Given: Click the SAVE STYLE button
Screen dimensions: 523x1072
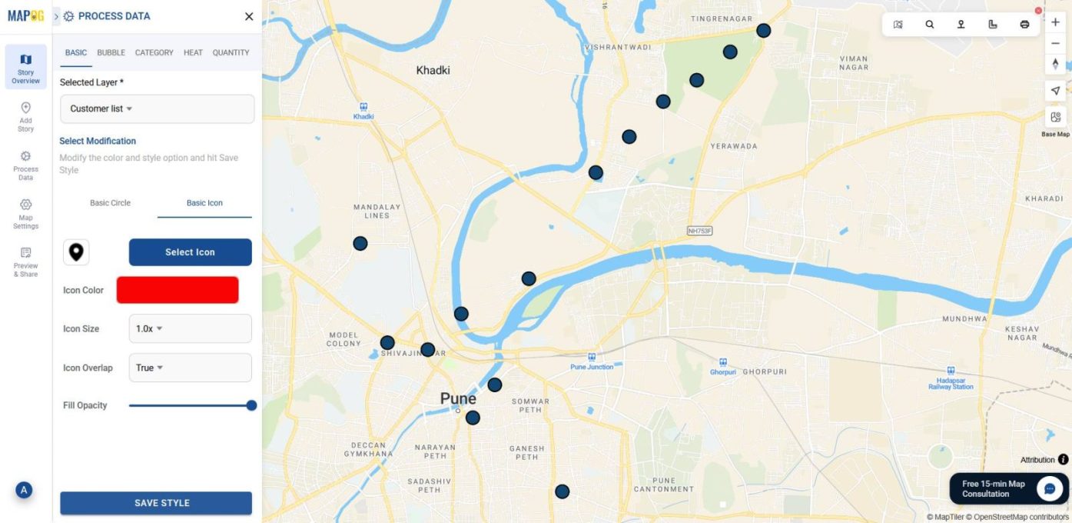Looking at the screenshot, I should [x=156, y=503].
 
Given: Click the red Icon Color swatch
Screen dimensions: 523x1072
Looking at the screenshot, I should [x=178, y=290].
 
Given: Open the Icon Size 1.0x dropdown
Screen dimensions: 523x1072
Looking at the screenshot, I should [x=189, y=328].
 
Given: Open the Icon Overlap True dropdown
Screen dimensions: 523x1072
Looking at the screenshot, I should [x=189, y=368].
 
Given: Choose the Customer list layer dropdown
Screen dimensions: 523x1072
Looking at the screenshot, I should [x=157, y=109].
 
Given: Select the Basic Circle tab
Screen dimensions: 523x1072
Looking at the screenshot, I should [x=110, y=203].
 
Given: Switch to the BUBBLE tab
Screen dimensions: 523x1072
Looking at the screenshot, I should [x=111, y=53].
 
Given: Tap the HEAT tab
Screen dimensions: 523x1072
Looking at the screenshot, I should [x=193, y=53].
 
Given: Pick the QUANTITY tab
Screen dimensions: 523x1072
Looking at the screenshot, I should [x=231, y=53].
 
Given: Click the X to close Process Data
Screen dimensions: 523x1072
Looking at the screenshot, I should [x=249, y=16].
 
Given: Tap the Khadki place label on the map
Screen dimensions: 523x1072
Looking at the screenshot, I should [x=433, y=71].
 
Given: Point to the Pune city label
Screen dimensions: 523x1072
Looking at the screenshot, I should [x=458, y=398].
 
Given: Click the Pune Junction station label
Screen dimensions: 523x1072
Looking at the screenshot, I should [x=592, y=367].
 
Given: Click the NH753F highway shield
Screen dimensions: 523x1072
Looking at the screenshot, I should [x=700, y=231].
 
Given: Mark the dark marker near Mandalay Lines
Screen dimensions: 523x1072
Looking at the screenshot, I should [x=360, y=244].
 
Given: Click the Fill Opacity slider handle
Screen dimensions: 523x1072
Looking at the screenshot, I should [x=251, y=405].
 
